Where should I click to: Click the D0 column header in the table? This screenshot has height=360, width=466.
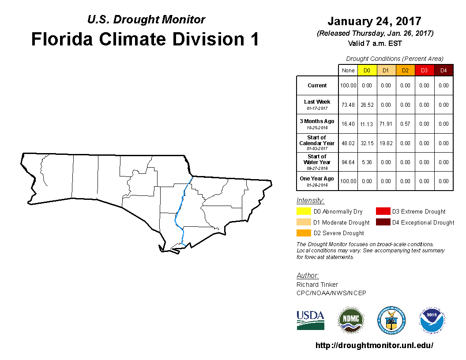[x=367, y=71]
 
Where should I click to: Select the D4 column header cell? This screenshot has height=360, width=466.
[x=443, y=71]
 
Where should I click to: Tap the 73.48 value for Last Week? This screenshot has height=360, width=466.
[x=348, y=105]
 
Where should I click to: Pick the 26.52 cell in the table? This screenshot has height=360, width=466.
[x=367, y=105]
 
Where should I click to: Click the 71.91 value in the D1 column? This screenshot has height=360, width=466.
[x=386, y=124]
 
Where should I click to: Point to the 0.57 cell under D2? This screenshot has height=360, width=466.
[x=405, y=124]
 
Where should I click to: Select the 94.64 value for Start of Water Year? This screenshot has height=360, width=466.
[x=348, y=162]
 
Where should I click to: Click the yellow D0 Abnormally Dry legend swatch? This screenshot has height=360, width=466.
[x=304, y=211]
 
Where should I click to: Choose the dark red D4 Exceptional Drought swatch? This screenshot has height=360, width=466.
[x=383, y=222]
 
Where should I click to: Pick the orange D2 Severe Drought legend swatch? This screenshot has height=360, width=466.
[x=304, y=233]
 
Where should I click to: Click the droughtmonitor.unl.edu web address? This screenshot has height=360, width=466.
[x=374, y=345]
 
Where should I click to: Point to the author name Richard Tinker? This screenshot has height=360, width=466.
[x=317, y=285]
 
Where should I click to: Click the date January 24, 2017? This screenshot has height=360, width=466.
[x=374, y=21]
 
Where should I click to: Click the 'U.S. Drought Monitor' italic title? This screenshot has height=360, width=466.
[x=146, y=19]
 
